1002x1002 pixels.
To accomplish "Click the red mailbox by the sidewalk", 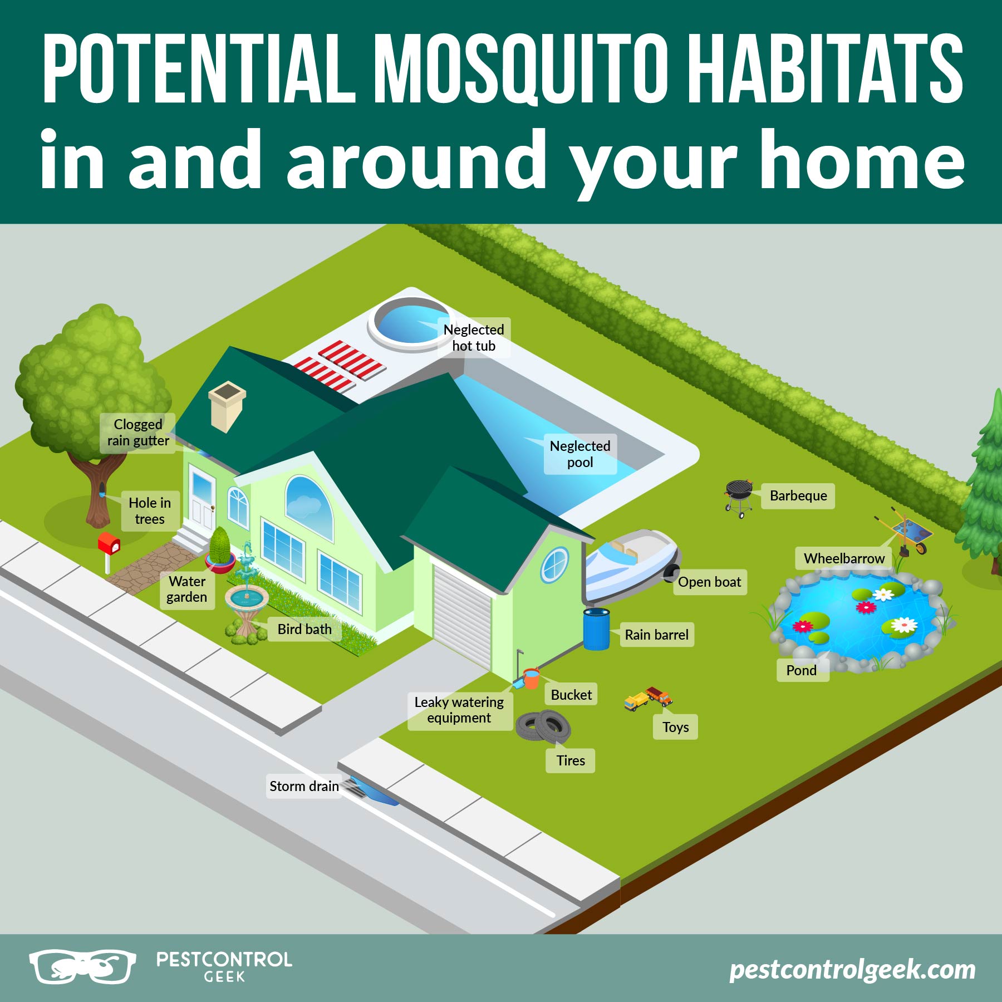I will [109, 544].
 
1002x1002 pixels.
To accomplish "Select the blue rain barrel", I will [596, 629].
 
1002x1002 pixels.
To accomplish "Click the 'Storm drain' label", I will [304, 786].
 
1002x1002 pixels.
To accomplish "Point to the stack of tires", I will [543, 726].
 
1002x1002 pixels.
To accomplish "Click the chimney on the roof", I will [227, 405].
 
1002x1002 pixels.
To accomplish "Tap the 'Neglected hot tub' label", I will [474, 337].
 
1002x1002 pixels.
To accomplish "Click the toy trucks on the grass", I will [649, 698].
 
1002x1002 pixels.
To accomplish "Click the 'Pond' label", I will [802, 670].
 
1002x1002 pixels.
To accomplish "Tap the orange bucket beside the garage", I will [532, 679].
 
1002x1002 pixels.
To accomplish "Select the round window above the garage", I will [554, 564].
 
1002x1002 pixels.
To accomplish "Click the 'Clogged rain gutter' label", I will [138, 433].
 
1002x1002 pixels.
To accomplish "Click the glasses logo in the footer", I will [82, 966].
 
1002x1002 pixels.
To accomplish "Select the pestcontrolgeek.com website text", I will [852, 969].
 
